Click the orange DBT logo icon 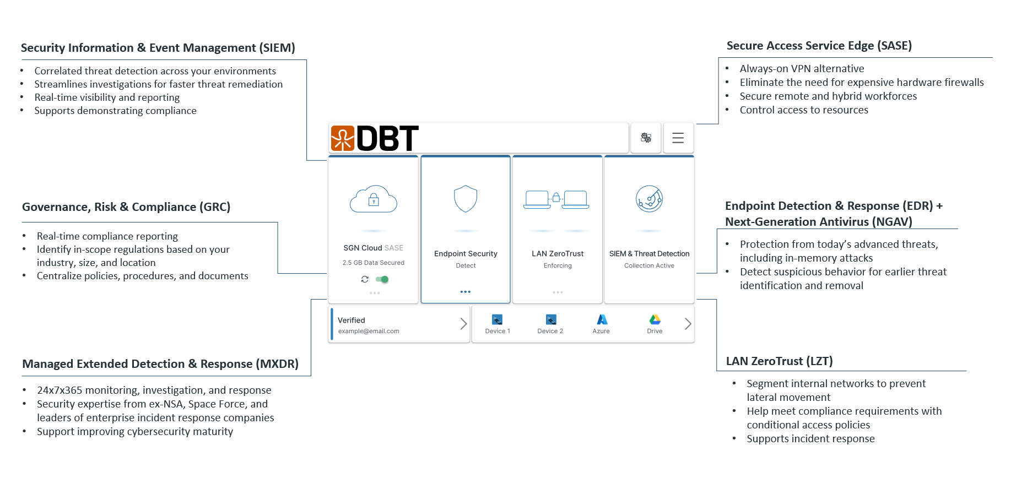pos(342,138)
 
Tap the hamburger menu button pos(678,138)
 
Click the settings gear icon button pos(646,138)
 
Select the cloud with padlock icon pos(374,199)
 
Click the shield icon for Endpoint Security pos(466,199)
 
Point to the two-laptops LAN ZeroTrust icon pos(556,199)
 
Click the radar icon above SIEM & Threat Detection pos(649,199)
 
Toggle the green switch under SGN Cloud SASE pos(382,279)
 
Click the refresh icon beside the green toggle pos(365,279)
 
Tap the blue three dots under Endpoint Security pos(466,292)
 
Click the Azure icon pos(602,319)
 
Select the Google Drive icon pos(655,319)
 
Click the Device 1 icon pos(497,319)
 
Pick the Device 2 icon pos(551,319)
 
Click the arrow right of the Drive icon pos(688,324)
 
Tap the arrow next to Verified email pos(463,324)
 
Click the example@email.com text pos(369,331)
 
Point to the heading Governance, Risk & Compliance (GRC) pos(126,207)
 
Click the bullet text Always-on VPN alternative pos(802,68)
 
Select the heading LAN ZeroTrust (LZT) pos(779,361)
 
